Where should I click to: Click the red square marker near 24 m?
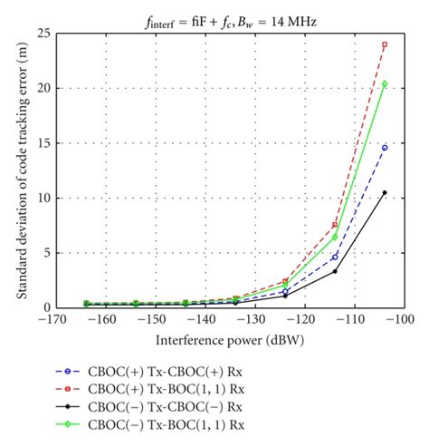tap(385, 44)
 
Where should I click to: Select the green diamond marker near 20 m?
tap(385, 84)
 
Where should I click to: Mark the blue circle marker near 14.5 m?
tap(385, 148)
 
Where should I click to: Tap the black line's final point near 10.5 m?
tap(385, 192)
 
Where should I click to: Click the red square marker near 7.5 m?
tap(335, 225)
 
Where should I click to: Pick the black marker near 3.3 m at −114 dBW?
tap(335, 271)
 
